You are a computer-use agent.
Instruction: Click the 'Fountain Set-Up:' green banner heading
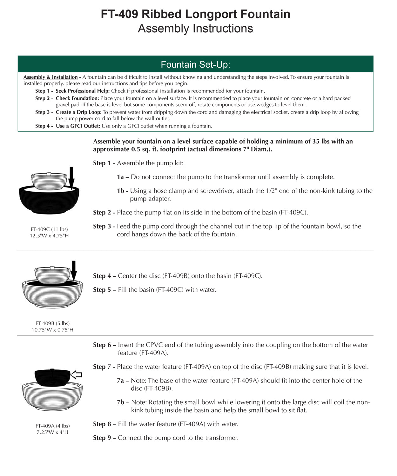click(195, 64)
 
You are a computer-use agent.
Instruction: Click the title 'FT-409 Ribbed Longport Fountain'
click(195, 14)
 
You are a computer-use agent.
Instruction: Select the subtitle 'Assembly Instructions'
click(195, 29)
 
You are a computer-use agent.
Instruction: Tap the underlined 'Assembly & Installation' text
click(50, 77)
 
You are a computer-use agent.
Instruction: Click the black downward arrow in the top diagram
click(71, 178)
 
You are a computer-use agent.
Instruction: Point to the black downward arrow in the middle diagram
click(74, 271)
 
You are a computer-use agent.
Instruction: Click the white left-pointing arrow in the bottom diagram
click(76, 375)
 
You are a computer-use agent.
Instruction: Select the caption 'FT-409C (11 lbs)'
click(49, 229)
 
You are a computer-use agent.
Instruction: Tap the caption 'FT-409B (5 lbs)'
click(52, 323)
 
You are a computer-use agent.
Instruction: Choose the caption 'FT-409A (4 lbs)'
click(52, 426)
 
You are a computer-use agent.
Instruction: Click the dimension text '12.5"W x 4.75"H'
click(49, 236)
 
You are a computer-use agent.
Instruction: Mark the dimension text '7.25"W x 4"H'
click(52, 432)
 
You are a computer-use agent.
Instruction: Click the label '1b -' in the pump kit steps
click(122, 191)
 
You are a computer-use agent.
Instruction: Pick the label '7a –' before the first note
click(123, 380)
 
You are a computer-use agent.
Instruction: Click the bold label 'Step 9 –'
click(104, 438)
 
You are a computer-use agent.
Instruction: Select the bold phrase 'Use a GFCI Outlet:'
click(78, 126)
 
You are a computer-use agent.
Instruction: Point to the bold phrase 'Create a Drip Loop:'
click(78, 112)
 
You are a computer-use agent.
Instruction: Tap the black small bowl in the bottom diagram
click(52, 378)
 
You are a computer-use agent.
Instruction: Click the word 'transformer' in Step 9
click(221, 438)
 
